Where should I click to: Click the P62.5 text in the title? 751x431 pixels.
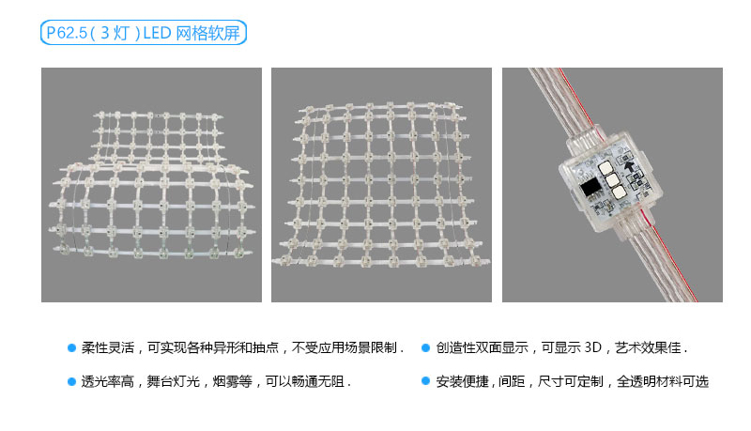click(x=67, y=35)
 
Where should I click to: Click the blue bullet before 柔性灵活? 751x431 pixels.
click(x=71, y=346)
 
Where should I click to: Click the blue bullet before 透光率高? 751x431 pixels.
click(x=71, y=382)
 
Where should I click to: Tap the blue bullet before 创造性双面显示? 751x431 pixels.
click(x=426, y=346)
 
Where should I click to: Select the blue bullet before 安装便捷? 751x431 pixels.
click(x=426, y=382)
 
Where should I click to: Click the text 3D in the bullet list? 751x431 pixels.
click(x=591, y=347)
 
